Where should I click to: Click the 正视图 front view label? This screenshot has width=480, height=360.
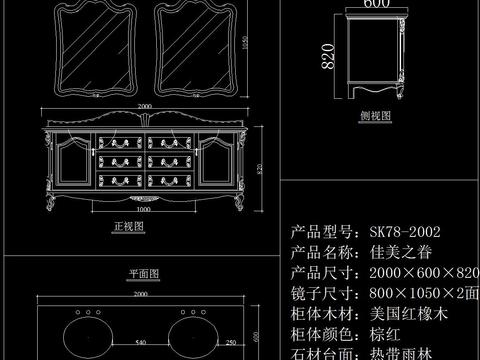(129, 228)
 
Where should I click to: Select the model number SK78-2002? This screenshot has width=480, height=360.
(405, 231)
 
